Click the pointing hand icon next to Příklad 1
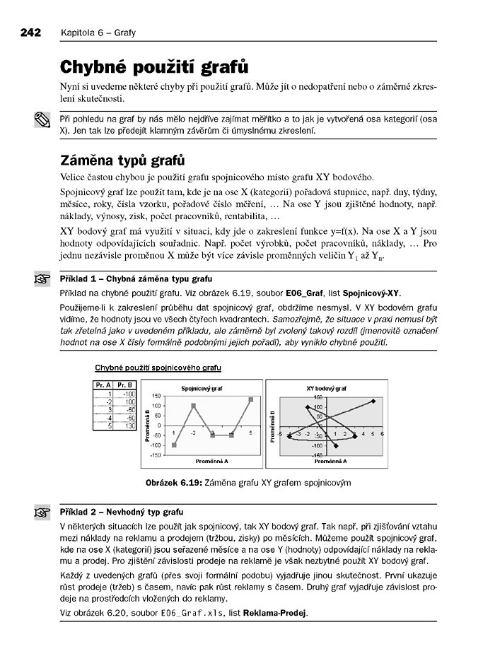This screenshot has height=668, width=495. (x=41, y=279)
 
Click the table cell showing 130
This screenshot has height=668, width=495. (x=127, y=426)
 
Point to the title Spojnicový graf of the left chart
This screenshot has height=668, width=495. (x=199, y=388)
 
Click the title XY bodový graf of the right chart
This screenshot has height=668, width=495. (x=326, y=388)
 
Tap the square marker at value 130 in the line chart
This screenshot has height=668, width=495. (x=250, y=399)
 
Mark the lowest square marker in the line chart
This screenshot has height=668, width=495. (x=174, y=445)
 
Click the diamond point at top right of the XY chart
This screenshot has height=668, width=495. (x=373, y=401)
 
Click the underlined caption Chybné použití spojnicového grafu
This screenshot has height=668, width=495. (x=158, y=368)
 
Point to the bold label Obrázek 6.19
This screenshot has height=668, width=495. (x=173, y=483)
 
